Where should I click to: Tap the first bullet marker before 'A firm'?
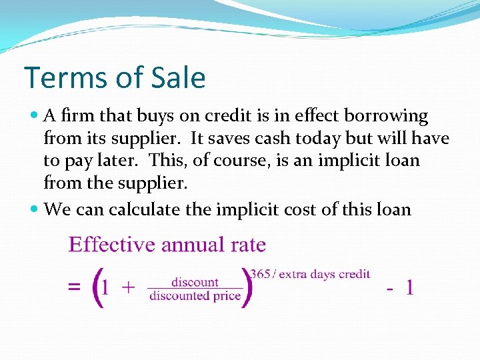point(35,116)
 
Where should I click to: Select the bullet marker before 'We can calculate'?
point(35,210)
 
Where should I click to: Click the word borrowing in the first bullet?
point(385,116)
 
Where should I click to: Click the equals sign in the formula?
point(74,288)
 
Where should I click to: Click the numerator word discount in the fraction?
point(195,282)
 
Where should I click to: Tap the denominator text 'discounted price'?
point(195,295)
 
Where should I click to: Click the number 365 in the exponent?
point(259,274)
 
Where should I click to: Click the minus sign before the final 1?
point(391,288)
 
